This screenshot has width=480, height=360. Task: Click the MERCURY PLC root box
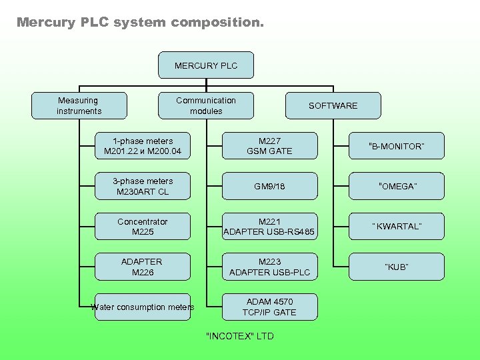point(206,65)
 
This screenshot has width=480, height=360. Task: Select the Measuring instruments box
point(79,105)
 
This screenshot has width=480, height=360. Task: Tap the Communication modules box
point(206,105)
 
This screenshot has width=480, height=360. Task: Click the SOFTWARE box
point(333,105)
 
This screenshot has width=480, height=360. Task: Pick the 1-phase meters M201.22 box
point(143,146)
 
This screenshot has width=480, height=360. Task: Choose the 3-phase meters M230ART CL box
point(143,186)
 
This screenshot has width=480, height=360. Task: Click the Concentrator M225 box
point(143,227)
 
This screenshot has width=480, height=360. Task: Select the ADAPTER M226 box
point(143,267)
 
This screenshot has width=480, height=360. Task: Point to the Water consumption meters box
point(143,307)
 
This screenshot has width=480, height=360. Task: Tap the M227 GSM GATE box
point(269,146)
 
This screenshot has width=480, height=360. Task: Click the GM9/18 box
point(269,186)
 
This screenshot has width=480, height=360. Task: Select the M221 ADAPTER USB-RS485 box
point(269,227)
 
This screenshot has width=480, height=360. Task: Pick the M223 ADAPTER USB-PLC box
point(269,267)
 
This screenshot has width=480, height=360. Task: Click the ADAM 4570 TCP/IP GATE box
point(269,307)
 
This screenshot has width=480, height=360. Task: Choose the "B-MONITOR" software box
point(397,146)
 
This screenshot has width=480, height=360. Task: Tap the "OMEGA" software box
point(397,186)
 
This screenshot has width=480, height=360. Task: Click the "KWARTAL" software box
point(397,227)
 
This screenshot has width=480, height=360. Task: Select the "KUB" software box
point(397,267)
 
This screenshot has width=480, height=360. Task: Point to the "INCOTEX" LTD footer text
point(240,336)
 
